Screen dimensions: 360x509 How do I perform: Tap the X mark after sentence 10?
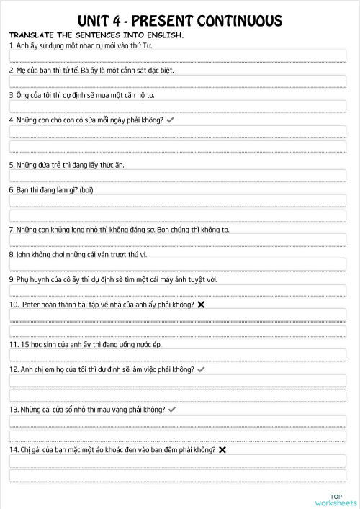click(201, 305)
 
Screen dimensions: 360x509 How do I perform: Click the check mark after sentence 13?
click(172, 409)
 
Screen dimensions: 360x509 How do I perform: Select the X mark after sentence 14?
click(222, 450)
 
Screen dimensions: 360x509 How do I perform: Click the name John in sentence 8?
click(23, 254)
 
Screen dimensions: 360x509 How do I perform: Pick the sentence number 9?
click(12, 279)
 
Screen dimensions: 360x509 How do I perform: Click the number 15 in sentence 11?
click(26, 344)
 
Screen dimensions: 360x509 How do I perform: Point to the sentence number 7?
click(12, 229)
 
